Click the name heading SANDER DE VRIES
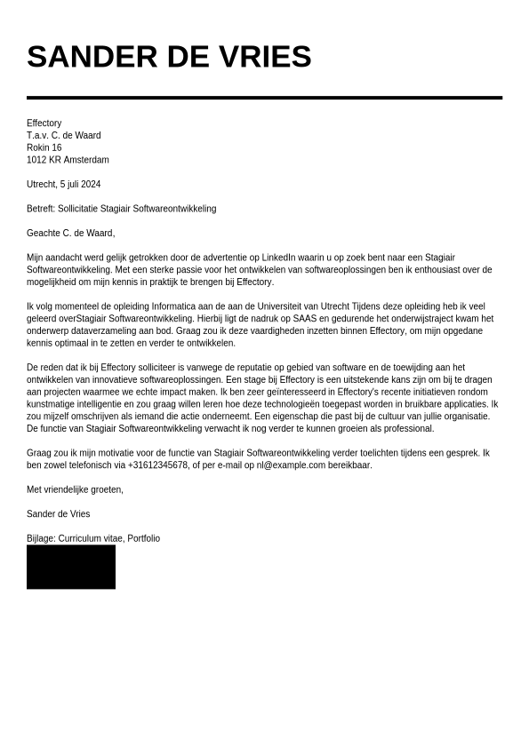click(169, 57)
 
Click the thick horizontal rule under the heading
click(264, 98)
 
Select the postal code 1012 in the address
click(36, 160)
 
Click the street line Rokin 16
click(44, 147)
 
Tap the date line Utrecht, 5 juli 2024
click(63, 185)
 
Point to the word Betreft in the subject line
click(40, 209)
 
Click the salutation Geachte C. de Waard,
click(70, 233)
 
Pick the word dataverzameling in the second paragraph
click(96, 331)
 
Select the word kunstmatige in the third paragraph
click(50, 404)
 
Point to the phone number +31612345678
click(157, 465)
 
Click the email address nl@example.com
click(291, 465)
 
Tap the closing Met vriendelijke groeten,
click(75, 489)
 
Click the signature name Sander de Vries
click(58, 513)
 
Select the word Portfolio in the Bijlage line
click(143, 538)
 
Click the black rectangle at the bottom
click(71, 567)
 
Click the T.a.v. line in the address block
click(63, 135)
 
